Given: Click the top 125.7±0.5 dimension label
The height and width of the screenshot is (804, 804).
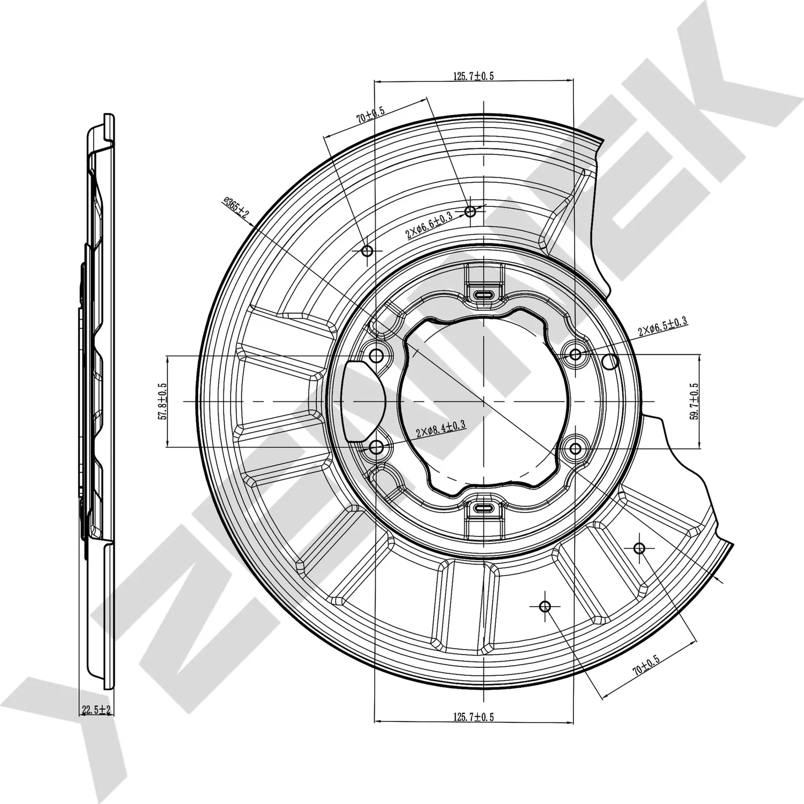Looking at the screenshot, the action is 474,76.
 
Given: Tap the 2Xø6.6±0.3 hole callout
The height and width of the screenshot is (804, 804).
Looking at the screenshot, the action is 429,225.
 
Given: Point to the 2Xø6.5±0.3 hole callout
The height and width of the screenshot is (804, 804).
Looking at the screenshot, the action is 662,326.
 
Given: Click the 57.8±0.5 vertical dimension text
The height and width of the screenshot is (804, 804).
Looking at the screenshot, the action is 162,401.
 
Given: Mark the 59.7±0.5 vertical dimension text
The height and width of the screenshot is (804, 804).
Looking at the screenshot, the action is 695,401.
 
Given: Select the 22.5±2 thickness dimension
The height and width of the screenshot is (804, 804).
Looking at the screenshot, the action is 95,710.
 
